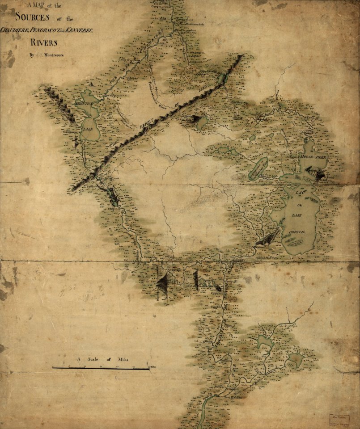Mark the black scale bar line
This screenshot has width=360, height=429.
point(101,368)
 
